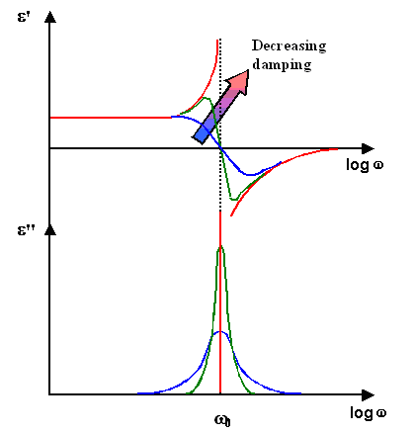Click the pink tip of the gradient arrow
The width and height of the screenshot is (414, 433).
(242, 79)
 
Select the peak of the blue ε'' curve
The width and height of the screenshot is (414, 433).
(219, 332)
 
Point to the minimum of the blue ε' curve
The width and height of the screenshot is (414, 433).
(253, 175)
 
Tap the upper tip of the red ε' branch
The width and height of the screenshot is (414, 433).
(216, 38)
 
